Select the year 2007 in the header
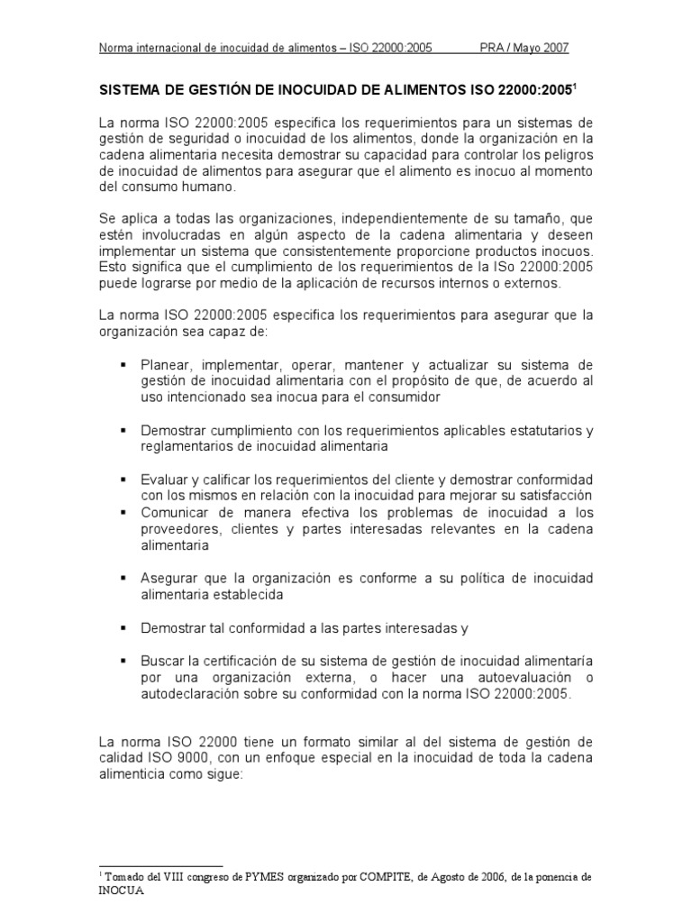(x=553, y=48)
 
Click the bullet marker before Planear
(x=121, y=365)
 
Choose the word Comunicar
(x=175, y=513)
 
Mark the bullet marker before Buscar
(x=121, y=659)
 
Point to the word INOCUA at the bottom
(x=121, y=889)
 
